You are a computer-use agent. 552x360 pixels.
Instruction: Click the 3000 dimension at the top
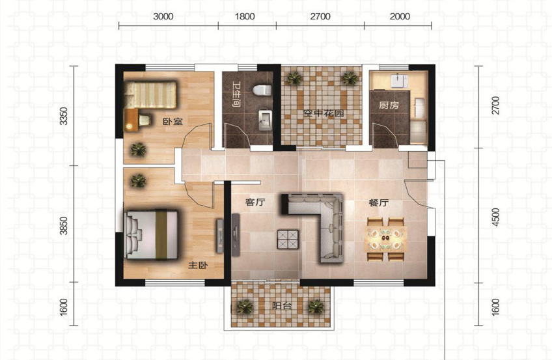click(163, 16)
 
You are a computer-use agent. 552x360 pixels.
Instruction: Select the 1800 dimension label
click(245, 16)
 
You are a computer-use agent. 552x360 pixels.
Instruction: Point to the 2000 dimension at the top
click(400, 16)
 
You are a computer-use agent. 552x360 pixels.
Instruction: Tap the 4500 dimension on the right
click(495, 217)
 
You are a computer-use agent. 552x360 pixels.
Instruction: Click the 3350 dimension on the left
click(63, 116)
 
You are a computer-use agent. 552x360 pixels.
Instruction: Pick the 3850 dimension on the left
click(63, 226)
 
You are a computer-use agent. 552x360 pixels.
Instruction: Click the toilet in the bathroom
click(262, 90)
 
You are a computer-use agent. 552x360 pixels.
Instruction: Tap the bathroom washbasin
click(265, 120)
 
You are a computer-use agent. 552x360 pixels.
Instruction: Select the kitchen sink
click(399, 81)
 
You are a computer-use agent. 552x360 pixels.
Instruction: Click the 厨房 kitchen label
click(389, 105)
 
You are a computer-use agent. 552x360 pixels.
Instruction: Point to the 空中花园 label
click(324, 113)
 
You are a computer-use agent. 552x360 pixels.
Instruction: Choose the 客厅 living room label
click(255, 202)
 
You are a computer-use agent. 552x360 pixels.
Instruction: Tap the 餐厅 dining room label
click(378, 203)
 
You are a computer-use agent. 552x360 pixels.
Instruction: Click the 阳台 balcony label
click(282, 306)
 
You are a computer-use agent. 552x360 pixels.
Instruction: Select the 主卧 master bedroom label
click(198, 265)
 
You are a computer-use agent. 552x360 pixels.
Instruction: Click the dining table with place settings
click(386, 240)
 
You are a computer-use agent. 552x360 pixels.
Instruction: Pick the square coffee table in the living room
click(288, 240)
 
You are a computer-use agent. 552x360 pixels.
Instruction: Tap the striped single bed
click(151, 95)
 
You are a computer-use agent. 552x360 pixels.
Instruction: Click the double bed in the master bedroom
click(152, 235)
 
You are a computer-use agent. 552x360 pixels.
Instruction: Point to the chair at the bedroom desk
click(145, 120)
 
